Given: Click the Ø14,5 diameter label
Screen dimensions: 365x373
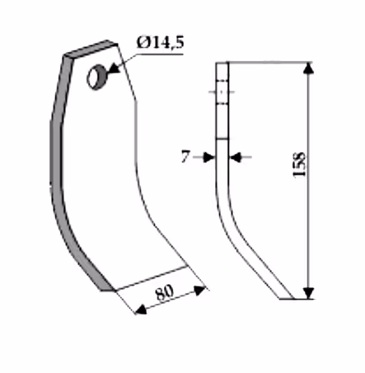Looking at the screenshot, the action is (160, 43).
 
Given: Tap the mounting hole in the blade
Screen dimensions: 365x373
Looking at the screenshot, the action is (96, 77).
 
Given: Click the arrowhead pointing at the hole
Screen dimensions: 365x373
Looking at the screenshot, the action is (115, 69).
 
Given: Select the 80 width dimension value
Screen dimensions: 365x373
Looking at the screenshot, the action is (165, 292).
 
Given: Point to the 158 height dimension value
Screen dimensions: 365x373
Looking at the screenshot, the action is (299, 164).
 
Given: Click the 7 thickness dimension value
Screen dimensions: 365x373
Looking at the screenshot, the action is (185, 156).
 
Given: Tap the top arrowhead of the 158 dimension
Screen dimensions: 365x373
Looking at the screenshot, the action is (309, 68).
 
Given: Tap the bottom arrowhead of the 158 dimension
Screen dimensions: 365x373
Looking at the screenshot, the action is (309, 293).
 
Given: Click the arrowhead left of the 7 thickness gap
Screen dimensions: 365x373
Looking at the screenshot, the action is (209, 157).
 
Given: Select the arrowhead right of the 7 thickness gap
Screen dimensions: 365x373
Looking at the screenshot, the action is (235, 157).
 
